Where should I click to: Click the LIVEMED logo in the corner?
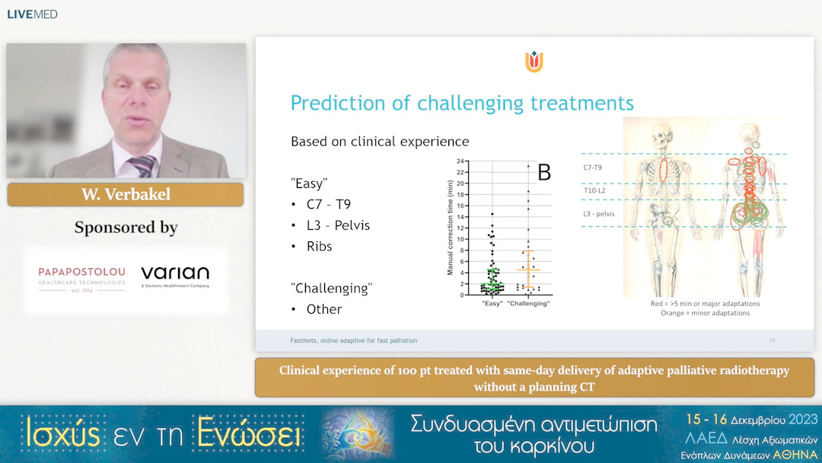tap(32, 14)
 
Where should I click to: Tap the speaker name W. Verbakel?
tap(126, 195)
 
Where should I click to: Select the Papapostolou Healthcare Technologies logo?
tap(82, 277)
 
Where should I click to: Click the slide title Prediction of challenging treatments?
tap(462, 103)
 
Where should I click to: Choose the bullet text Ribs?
tap(320, 247)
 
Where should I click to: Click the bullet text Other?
tap(323, 309)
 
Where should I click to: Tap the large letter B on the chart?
tap(543, 172)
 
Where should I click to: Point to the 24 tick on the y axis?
tap(459, 161)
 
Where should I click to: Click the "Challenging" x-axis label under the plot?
tap(527, 304)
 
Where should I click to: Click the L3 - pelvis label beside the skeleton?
tap(598, 214)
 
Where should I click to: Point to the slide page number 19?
tap(772, 340)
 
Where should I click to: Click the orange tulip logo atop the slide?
tap(534, 62)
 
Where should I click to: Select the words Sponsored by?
tap(126, 228)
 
